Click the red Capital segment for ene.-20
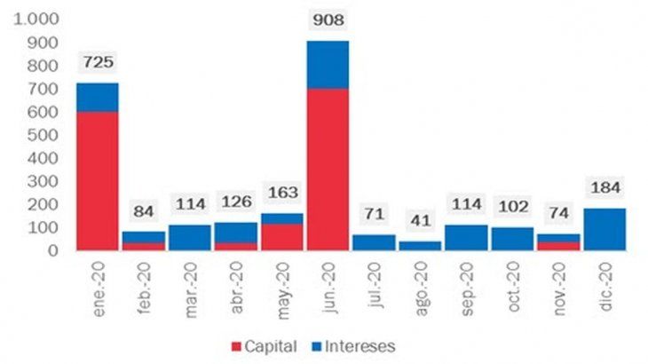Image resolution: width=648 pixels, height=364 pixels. [97, 180]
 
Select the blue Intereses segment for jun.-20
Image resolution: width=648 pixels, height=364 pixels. [328, 65]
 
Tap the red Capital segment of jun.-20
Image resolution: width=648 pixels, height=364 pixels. [328, 170]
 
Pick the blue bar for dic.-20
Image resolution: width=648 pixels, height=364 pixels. [605, 229]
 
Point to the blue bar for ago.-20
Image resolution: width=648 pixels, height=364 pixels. [420, 246]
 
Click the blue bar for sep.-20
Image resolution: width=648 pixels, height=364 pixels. [466, 237]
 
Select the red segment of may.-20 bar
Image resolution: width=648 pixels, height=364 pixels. [281, 237]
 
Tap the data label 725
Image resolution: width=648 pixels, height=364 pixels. [97, 63]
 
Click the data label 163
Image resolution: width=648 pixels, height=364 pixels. [281, 193]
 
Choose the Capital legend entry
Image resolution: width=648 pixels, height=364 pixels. [261, 345]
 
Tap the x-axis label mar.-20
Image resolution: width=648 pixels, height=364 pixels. [193, 283]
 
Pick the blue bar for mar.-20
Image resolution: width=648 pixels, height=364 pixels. [189, 237]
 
